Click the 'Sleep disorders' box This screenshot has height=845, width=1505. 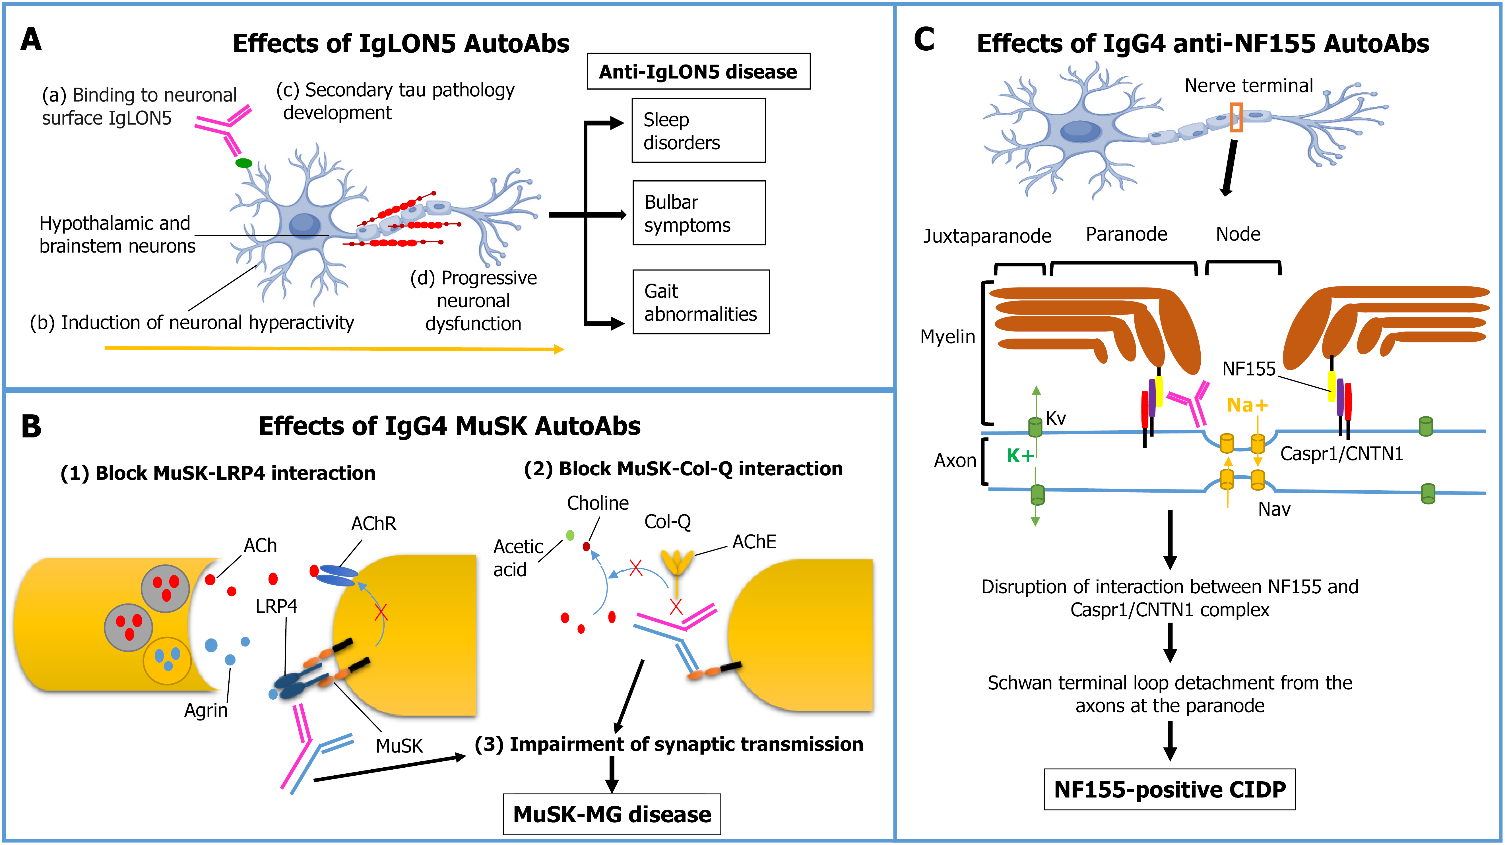pos(698,130)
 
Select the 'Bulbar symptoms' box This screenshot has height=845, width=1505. pos(699,213)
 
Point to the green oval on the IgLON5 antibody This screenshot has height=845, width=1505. pos(244,163)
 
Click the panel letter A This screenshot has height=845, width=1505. pos(31,40)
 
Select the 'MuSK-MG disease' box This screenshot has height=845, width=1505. pos(612,814)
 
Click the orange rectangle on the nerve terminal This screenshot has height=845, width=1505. pos(1236,117)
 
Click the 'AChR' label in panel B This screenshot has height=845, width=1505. pos(373,524)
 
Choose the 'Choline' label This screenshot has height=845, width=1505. pos(598,503)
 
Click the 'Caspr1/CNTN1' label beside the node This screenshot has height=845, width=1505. pos(1341,453)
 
